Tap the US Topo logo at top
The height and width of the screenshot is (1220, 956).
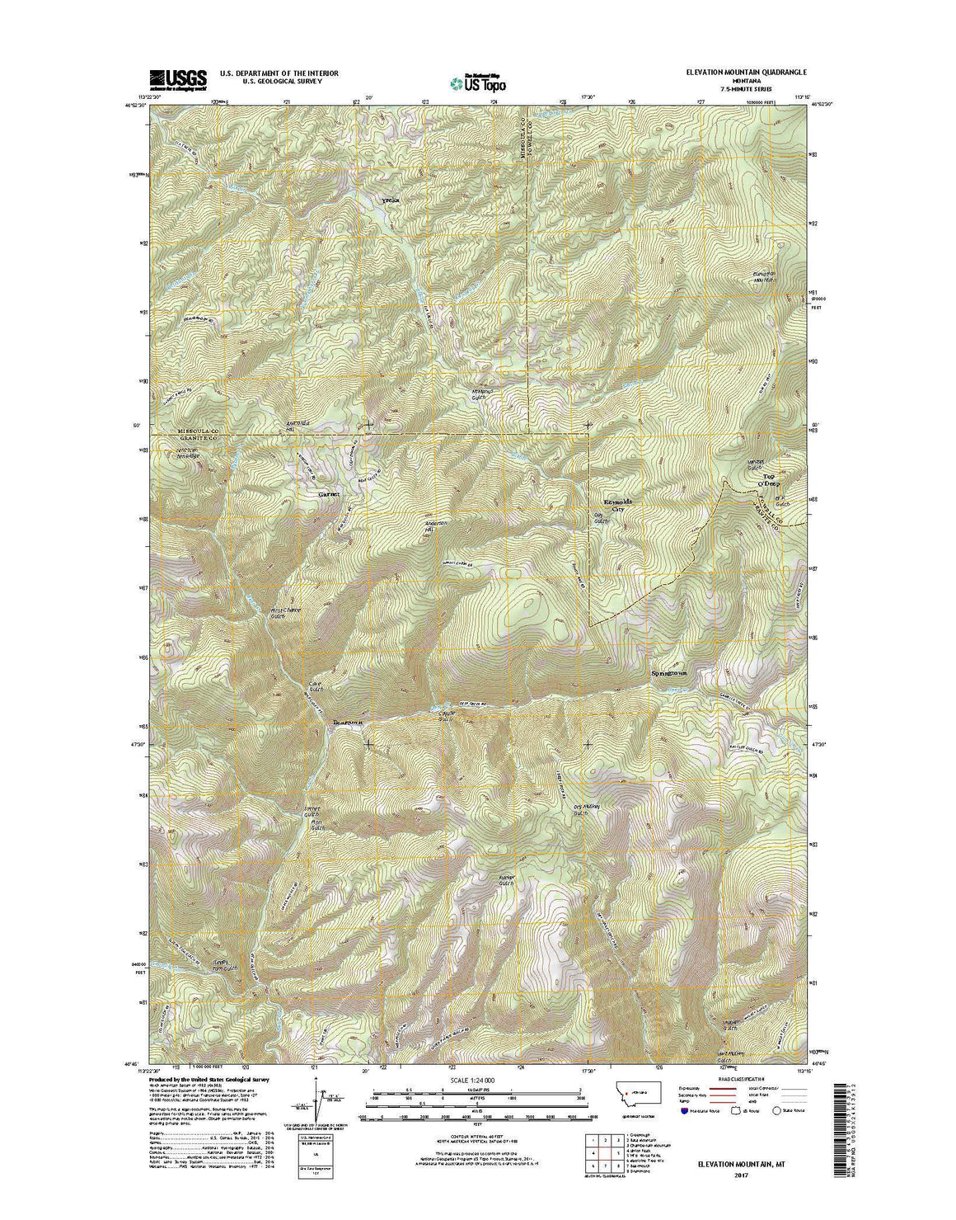[478, 82]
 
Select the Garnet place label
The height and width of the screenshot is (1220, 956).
[329, 494]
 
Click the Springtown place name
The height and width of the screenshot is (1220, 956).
[668, 672]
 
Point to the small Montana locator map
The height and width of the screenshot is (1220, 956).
[633, 1091]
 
